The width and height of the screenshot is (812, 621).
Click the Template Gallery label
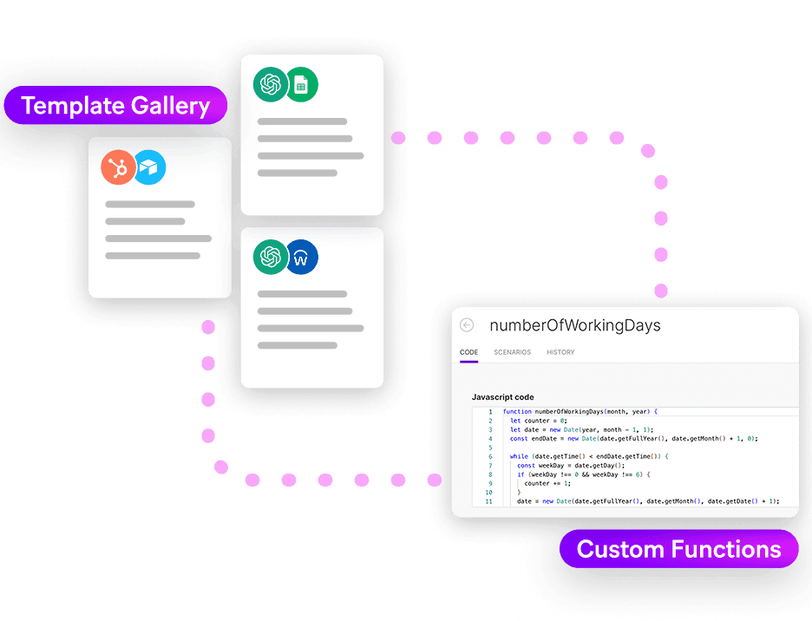(115, 107)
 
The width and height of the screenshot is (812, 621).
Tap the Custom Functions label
(678, 549)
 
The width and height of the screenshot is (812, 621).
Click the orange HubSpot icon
(119, 167)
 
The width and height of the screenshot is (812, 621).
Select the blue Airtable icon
(149, 167)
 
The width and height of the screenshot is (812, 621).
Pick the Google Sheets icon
(301, 85)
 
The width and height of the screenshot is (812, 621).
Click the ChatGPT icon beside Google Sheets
(271, 85)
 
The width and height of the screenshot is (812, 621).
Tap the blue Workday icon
(301, 257)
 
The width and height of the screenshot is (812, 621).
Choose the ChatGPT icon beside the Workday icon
(271, 257)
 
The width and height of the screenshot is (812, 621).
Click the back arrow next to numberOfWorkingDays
(467, 325)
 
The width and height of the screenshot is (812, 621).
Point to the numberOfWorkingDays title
(575, 326)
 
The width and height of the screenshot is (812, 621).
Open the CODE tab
(468, 352)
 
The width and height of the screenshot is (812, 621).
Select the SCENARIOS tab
(512, 352)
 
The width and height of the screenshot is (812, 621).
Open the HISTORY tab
(560, 352)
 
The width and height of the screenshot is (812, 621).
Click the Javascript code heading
(502, 397)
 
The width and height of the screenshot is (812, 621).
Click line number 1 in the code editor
(490, 412)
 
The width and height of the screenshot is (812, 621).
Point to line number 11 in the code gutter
(488, 501)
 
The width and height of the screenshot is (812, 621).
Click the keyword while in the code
(519, 456)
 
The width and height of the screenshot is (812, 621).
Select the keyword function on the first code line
(517, 412)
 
